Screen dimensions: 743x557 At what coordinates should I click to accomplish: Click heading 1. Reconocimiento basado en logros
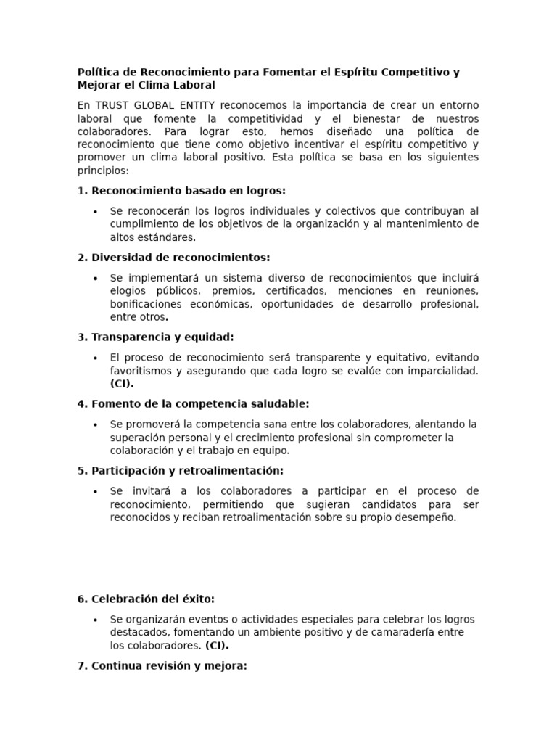(181, 191)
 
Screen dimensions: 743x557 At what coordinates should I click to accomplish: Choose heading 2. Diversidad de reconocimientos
(173, 258)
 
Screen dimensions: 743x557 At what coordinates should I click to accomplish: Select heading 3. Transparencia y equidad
(155, 337)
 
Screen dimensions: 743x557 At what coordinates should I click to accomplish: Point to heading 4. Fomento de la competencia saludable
(193, 403)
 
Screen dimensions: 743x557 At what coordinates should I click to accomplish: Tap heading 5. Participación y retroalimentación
(180, 470)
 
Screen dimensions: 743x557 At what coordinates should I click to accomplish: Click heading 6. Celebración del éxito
(146, 599)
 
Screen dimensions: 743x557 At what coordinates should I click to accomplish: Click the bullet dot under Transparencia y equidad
(95, 358)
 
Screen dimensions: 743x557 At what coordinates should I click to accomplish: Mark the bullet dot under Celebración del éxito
(95, 620)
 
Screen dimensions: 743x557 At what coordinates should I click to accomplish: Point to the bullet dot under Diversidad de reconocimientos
(95, 279)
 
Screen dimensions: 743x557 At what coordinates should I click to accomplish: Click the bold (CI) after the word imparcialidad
(122, 384)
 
